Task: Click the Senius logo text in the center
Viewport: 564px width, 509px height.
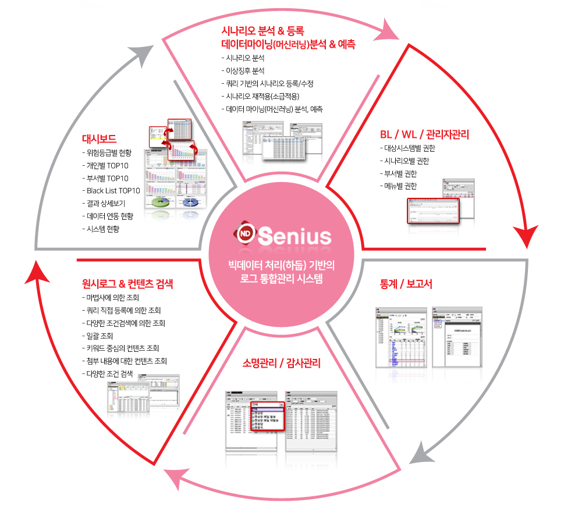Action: [295, 236]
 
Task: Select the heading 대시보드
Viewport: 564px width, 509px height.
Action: [100, 139]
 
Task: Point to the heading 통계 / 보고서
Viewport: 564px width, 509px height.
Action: [405, 284]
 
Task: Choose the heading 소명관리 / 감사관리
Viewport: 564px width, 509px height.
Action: [281, 364]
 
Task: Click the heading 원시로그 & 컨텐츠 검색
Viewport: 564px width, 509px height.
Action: [127, 284]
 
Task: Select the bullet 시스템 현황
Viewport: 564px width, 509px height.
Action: [105, 229]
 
